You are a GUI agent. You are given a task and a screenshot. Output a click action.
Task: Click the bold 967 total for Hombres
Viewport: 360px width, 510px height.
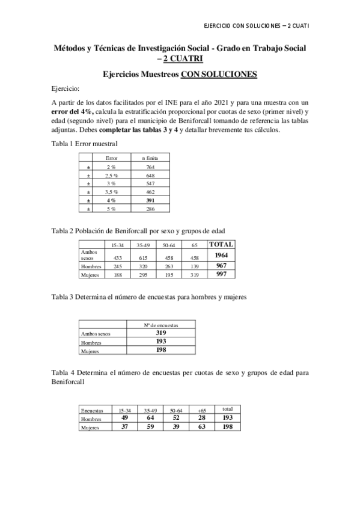coord(221,265)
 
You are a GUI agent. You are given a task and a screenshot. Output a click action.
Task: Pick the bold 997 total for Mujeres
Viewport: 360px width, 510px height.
coord(221,274)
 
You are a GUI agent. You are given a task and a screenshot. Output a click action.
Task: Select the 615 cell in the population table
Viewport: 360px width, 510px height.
coord(142,257)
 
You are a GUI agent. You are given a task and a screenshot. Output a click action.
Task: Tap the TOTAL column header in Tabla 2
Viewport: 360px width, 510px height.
coord(221,244)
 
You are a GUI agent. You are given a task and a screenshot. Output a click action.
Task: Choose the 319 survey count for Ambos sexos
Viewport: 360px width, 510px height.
coord(161,333)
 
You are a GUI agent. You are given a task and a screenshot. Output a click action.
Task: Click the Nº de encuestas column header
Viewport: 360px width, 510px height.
coord(161,325)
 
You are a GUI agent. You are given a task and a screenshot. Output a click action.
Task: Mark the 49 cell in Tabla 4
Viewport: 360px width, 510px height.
coord(125,417)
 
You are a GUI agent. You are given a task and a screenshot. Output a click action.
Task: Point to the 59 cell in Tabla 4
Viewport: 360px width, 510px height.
coord(150,426)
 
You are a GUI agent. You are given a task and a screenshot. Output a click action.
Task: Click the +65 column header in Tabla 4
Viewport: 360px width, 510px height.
coord(201,410)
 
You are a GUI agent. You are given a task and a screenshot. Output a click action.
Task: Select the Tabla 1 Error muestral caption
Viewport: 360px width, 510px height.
coord(84,143)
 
